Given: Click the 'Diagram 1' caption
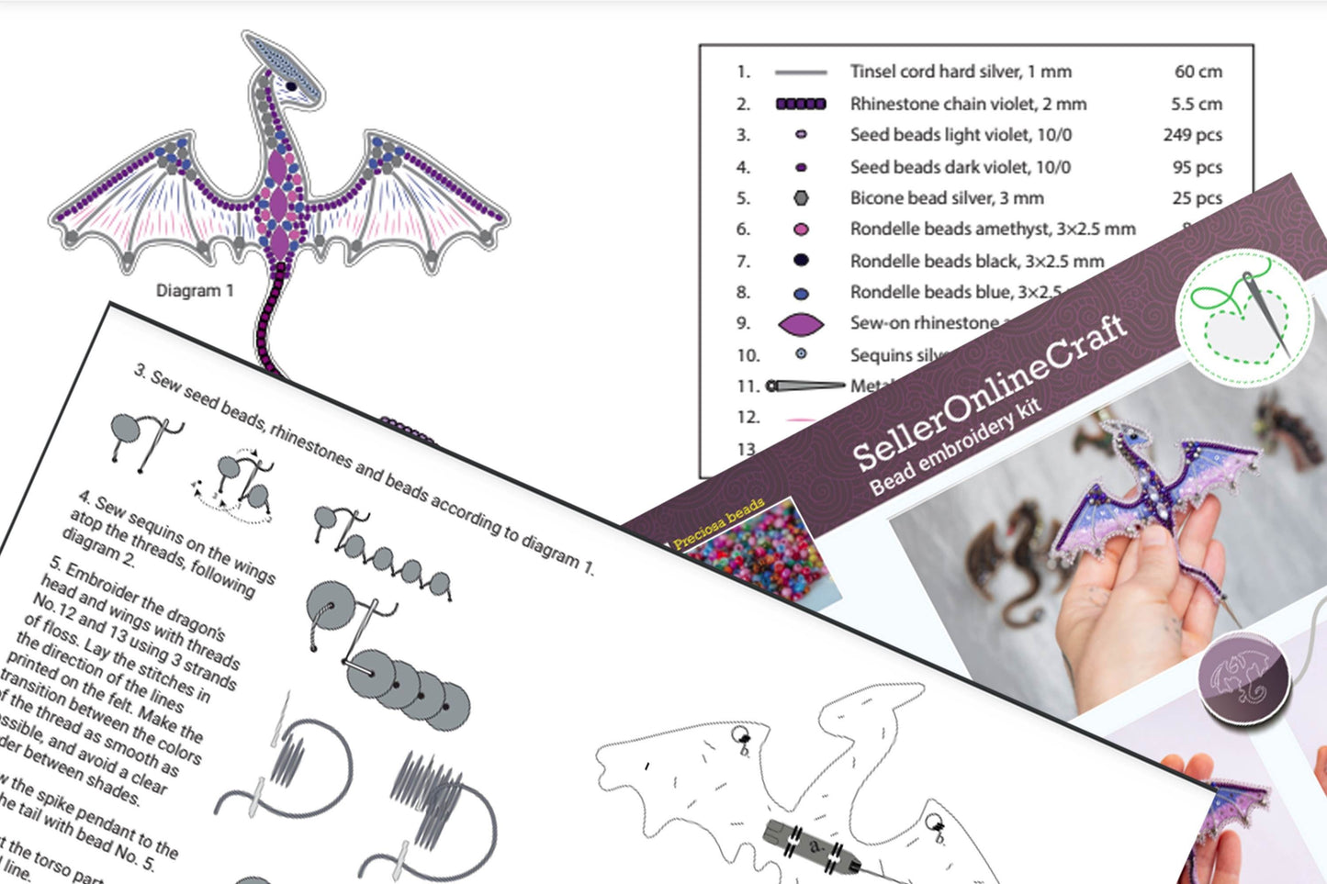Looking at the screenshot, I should click(x=195, y=291).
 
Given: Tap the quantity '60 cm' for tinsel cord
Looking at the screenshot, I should click(x=1198, y=72).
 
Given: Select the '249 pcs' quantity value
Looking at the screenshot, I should click(x=1192, y=135).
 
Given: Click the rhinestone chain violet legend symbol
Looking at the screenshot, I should click(x=801, y=105).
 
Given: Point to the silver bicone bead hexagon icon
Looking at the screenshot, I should click(x=801, y=198).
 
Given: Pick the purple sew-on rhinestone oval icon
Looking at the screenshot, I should click(x=801, y=324).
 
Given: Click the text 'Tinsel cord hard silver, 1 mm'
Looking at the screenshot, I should click(x=960, y=72).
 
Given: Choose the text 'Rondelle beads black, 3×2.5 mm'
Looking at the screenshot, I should click(x=976, y=262).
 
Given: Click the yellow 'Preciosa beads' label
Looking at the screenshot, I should click(x=718, y=524).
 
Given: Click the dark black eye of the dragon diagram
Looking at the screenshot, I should click(x=291, y=86).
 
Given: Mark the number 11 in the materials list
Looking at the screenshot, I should click(x=748, y=386).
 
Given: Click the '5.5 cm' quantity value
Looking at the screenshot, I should click(x=1196, y=104).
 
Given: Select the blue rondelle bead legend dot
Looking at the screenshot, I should click(x=801, y=294).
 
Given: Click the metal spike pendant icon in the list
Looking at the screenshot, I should click(x=805, y=386).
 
